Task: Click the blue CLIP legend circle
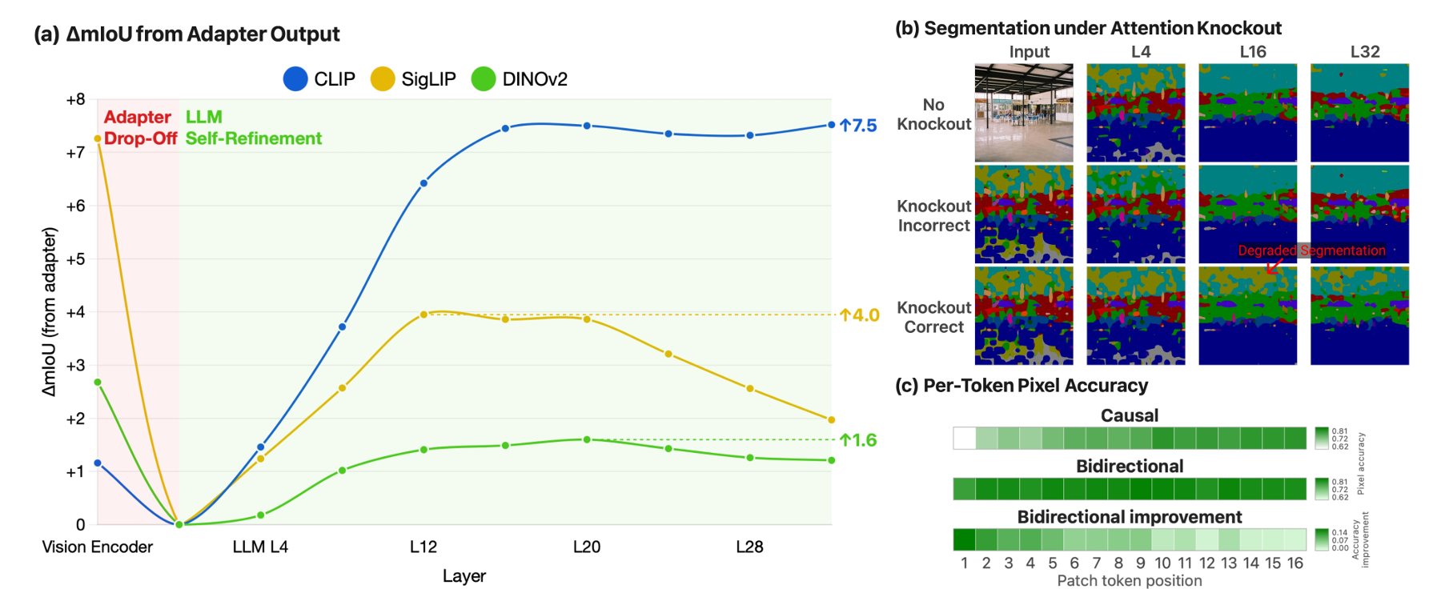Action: (295, 79)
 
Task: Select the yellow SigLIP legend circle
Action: (383, 79)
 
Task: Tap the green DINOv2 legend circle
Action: (484, 79)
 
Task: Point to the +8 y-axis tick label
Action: (75, 100)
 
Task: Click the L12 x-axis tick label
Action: (423, 547)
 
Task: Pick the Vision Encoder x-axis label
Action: (97, 547)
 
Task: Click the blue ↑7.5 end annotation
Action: (858, 126)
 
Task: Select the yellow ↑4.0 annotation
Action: (860, 315)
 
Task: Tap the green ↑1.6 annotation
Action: (858, 440)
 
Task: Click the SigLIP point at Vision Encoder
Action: (98, 139)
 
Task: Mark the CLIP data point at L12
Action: (423, 183)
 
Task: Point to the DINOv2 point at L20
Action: (587, 439)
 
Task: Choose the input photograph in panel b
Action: (1024, 113)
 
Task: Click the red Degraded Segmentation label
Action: (1311, 250)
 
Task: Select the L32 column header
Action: (1365, 52)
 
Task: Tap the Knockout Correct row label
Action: (933, 318)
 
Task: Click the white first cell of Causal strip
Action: (965, 438)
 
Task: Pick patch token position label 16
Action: (1295, 563)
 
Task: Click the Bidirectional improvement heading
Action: (1130, 517)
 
